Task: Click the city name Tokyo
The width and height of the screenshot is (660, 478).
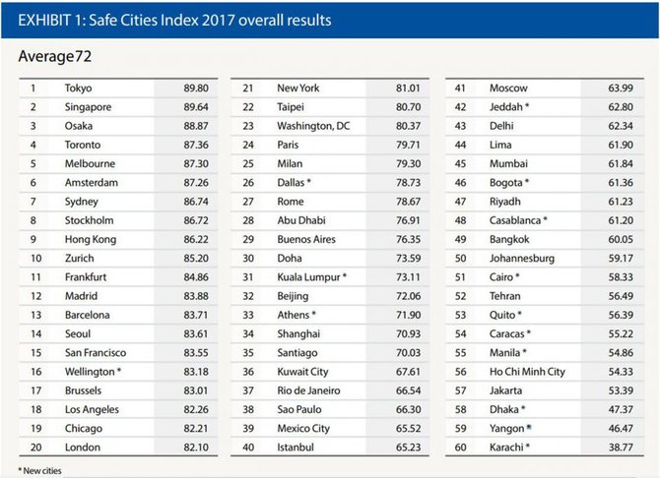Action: click(x=78, y=89)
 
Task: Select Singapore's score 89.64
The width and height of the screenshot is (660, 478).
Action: click(x=196, y=107)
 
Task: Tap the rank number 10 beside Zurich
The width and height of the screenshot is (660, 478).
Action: click(x=36, y=258)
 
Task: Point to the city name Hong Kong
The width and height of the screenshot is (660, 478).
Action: click(x=91, y=240)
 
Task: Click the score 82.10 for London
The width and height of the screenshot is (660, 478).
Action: click(x=196, y=448)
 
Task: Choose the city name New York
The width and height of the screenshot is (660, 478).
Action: click(x=298, y=89)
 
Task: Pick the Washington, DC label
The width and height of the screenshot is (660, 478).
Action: click(x=313, y=126)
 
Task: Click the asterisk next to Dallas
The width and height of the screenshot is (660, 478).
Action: click(x=309, y=181)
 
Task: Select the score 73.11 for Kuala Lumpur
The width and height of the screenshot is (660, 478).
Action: click(x=408, y=277)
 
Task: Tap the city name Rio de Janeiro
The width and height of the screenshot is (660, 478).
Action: click(x=308, y=390)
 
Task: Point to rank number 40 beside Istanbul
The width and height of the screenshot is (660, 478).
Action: click(x=248, y=448)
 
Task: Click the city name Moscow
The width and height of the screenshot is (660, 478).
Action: click(x=508, y=89)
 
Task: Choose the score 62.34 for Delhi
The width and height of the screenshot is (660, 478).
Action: click(x=621, y=126)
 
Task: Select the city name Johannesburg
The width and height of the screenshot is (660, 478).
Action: click(x=522, y=259)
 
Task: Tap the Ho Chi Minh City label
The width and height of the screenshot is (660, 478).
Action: click(x=527, y=372)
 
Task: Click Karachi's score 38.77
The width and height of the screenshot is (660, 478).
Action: click(x=621, y=448)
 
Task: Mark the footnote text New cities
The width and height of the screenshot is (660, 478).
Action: click(x=42, y=471)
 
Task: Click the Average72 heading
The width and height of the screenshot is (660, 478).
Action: click(x=55, y=56)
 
